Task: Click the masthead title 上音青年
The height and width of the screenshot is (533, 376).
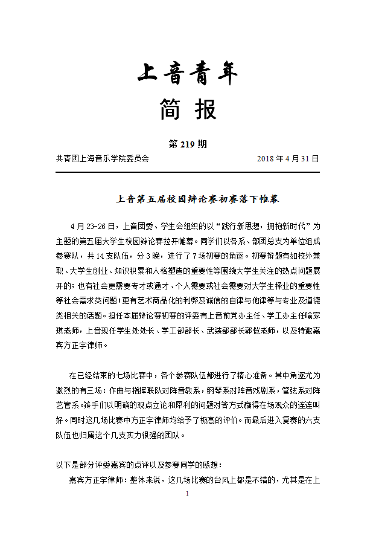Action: point(188,75)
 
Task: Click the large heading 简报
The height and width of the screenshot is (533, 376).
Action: point(188,111)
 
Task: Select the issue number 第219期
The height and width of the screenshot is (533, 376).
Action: point(188,144)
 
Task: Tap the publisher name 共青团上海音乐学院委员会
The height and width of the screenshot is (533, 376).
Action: point(102,159)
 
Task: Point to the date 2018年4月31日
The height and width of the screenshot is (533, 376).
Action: point(288,159)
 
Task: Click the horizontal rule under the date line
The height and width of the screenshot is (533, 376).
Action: point(188,173)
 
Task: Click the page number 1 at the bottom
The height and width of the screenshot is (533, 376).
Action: point(188,494)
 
